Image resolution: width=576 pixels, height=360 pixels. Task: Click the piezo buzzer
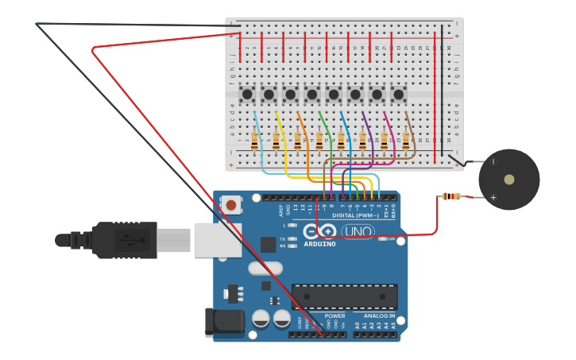coord(508,180)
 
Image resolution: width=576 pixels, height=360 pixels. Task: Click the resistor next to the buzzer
coord(451,196)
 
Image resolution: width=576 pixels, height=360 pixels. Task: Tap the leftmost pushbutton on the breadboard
coord(247,95)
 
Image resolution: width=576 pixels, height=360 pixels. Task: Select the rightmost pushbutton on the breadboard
coord(398,95)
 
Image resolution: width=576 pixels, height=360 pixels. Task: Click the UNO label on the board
coord(358,231)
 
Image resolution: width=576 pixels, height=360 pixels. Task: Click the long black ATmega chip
coord(344,296)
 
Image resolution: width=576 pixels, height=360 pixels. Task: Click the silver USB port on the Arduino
coord(217,239)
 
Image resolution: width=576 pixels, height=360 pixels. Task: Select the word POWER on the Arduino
coord(334,315)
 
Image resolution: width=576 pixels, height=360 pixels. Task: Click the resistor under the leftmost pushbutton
coord(254,141)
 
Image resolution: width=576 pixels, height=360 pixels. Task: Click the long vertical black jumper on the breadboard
coord(443,87)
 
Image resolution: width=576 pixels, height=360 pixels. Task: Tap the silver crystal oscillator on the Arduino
coord(265,269)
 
